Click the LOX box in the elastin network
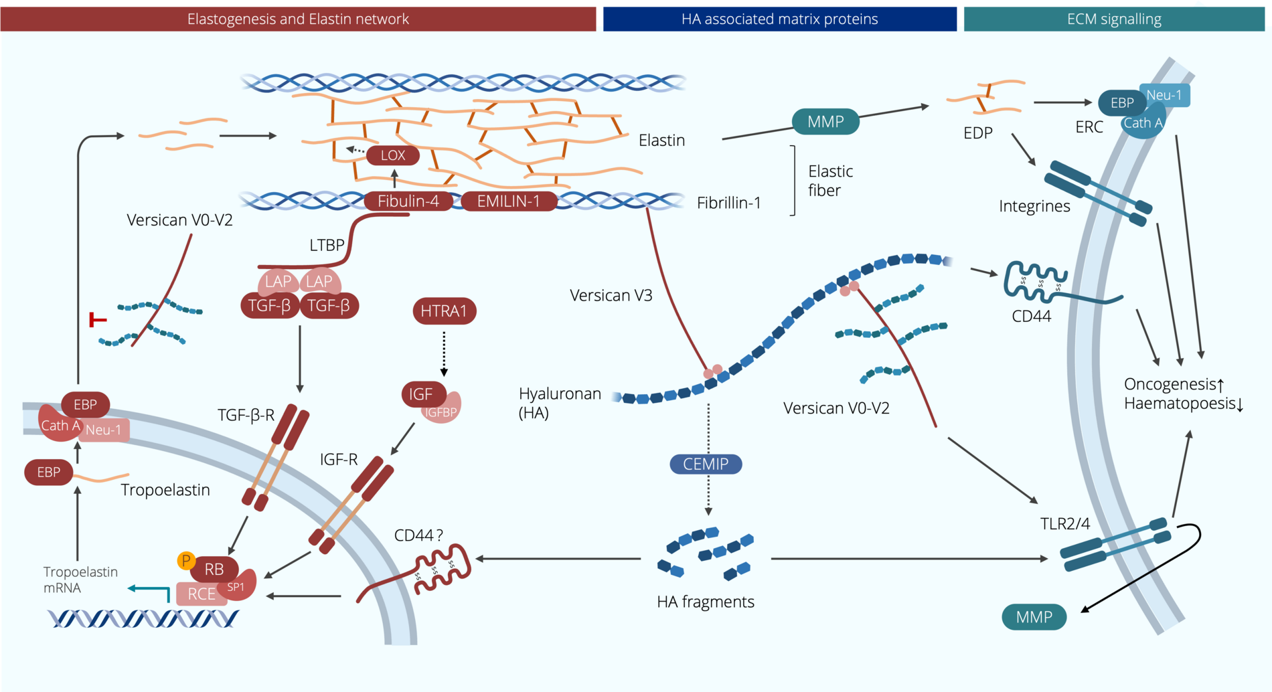coord(393,155)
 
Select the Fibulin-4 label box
coord(408,201)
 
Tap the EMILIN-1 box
coord(508,201)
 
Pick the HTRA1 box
coord(444,311)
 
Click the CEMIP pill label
coord(706,464)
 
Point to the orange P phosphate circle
coord(186,560)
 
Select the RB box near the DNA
coord(214,570)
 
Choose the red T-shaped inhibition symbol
coord(97,320)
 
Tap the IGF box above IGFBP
coord(421,394)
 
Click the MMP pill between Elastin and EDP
coord(825,122)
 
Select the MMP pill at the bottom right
coord(1034,617)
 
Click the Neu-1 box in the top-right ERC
coord(1165,95)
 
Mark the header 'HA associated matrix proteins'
coord(779,19)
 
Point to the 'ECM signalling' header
coord(1114,19)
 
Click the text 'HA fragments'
coord(706,602)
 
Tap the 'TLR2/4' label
coord(1064,523)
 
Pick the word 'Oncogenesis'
coord(1169,384)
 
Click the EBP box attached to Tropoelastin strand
coord(48,472)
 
